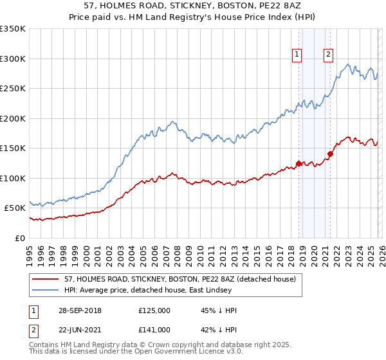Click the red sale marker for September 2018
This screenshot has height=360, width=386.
point(299,163)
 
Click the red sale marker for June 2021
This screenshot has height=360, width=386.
point(330,154)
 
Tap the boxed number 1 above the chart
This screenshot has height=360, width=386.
point(297,55)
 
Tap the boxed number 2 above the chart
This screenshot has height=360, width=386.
point(328,55)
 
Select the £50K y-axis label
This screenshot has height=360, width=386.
point(15,208)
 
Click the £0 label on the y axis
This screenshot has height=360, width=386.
point(20,238)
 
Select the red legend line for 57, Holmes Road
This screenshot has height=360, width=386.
point(46,279)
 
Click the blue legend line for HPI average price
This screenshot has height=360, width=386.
point(46,290)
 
